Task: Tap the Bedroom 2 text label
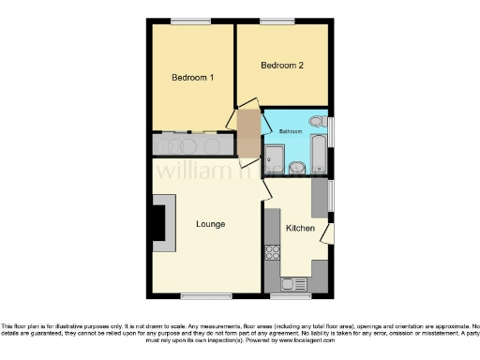point(282,66)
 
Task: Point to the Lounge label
point(209,224)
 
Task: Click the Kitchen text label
point(300,229)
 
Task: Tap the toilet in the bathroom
point(317,122)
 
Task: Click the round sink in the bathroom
point(296,167)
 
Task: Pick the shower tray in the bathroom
point(275,159)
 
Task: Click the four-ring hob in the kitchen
point(273,251)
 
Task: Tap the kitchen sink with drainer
point(292,283)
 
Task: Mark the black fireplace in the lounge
point(158,223)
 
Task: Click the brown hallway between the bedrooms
point(248,133)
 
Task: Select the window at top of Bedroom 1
point(190,21)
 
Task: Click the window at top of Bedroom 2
point(277,21)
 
